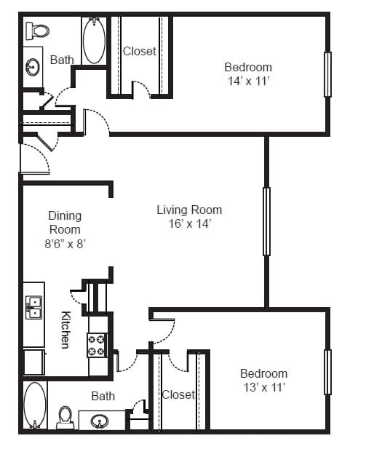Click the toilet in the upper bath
click(37, 31)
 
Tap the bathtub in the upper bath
click(94, 40)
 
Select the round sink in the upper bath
click(32, 67)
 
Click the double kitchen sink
click(33, 308)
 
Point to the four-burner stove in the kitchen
click(98, 345)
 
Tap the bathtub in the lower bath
click(35, 405)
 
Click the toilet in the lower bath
click(65, 418)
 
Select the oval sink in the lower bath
click(100, 421)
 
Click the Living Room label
click(189, 210)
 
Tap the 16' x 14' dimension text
click(190, 223)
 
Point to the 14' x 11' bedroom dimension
click(249, 81)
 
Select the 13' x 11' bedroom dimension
click(264, 387)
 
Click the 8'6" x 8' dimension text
click(65, 244)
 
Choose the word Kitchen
click(65, 330)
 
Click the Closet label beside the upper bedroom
click(140, 51)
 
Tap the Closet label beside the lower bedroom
click(178, 395)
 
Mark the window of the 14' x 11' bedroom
click(327, 74)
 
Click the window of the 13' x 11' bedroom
click(327, 373)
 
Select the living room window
click(266, 221)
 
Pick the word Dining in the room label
click(65, 216)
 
